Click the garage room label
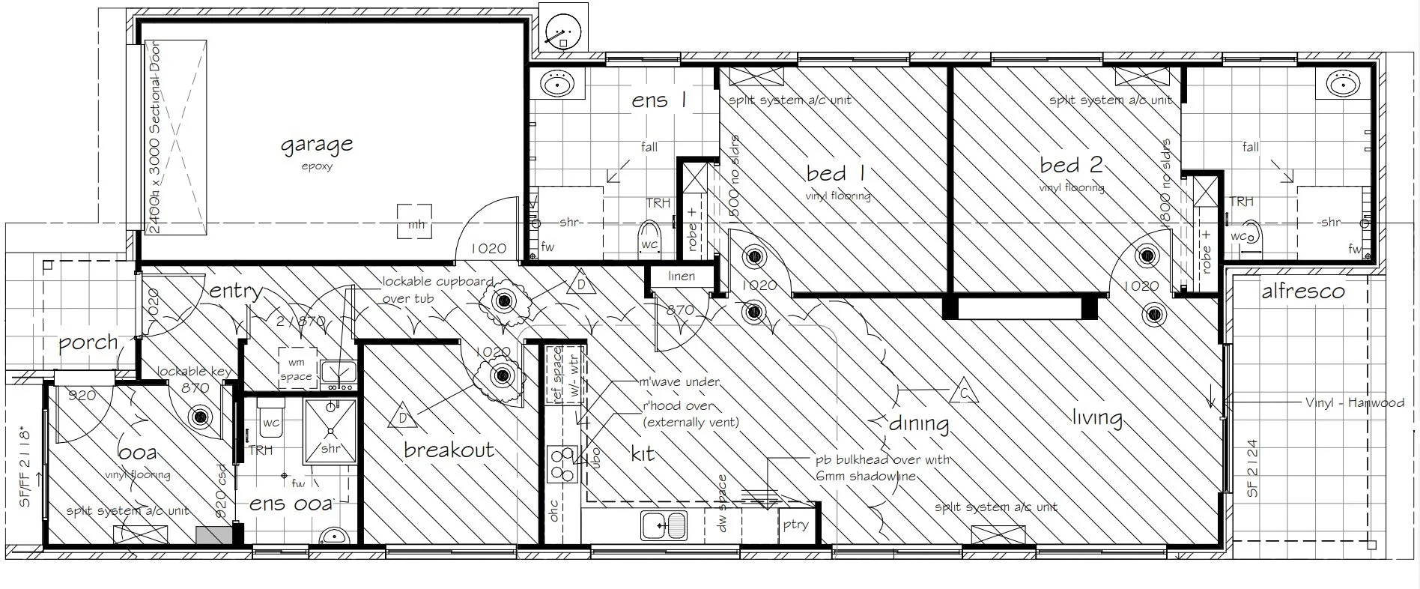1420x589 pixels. click(x=317, y=144)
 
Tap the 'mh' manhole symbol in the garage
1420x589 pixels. click(x=414, y=222)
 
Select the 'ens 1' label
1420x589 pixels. click(x=658, y=100)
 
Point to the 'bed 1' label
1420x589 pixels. click(x=836, y=173)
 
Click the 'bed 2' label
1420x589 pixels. click(x=1071, y=164)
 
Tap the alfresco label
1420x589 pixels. click(x=1302, y=291)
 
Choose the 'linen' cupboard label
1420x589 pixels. click(x=681, y=277)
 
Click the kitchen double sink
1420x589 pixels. click(x=664, y=525)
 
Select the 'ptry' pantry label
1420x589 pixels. click(x=795, y=524)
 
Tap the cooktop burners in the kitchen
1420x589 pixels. click(x=561, y=464)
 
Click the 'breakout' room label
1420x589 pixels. click(x=449, y=450)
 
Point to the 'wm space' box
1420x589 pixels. click(x=296, y=369)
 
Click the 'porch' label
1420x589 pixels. click(x=88, y=343)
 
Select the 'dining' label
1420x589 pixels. click(x=919, y=423)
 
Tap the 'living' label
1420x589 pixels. click(x=1097, y=417)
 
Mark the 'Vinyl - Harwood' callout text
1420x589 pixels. click(x=1354, y=402)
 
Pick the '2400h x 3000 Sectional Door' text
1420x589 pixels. click(x=155, y=139)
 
